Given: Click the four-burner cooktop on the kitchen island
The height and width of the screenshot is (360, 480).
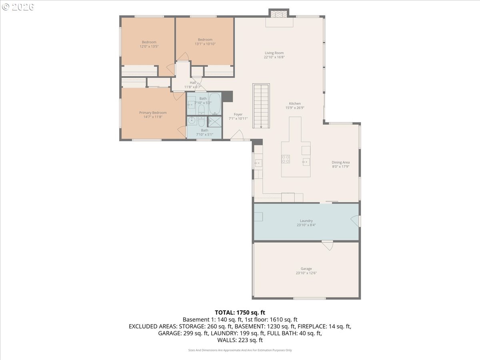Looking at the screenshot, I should [286, 159].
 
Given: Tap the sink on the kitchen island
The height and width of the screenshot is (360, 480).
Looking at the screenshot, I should [306, 161].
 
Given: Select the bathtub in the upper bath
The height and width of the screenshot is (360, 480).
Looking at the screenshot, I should [214, 104].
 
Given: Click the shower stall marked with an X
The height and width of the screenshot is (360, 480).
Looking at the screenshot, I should [215, 121].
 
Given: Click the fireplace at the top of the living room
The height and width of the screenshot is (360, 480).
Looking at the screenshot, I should [278, 14].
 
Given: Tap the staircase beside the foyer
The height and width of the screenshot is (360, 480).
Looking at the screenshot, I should [261, 106].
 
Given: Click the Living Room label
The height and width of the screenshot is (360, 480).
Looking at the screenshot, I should [274, 53].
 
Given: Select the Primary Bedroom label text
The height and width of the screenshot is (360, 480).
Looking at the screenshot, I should [153, 113].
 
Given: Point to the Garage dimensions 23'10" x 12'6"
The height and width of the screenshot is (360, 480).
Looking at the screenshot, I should [306, 273].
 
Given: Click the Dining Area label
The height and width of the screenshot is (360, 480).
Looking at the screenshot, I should [340, 162].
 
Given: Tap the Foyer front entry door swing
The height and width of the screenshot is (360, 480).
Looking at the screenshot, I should [237, 135].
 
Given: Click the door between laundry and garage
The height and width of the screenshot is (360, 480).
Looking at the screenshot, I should [327, 245].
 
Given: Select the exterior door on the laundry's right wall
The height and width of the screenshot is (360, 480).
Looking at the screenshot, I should [355, 221].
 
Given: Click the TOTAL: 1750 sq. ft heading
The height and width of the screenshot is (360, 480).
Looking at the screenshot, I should [240, 312].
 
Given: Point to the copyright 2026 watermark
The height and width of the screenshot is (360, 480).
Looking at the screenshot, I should [18, 7].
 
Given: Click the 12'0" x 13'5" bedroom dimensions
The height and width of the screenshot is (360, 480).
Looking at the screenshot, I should [149, 46].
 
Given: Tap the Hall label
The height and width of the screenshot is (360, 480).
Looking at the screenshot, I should [193, 83].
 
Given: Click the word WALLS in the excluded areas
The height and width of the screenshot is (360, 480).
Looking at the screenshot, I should [227, 340].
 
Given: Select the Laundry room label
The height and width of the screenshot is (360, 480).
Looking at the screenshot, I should [306, 221].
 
